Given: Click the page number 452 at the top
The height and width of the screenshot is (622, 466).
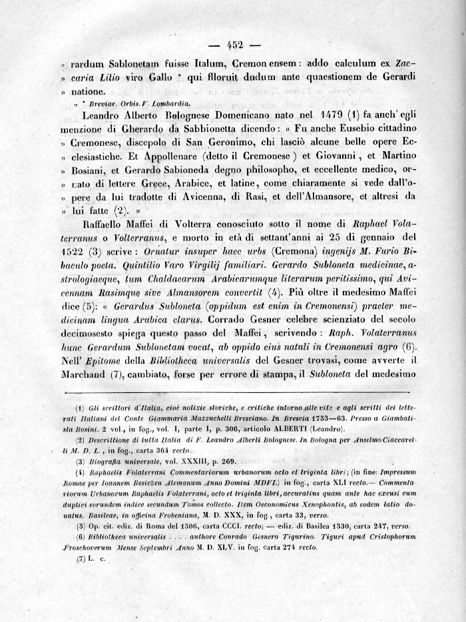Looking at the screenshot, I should click(234, 45).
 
